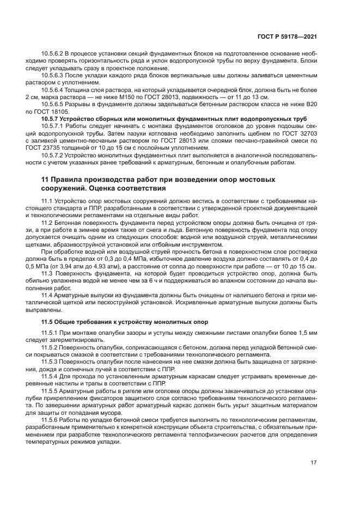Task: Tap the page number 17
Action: click(314, 463)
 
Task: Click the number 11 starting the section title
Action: click(46, 179)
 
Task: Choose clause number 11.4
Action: click(48, 295)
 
